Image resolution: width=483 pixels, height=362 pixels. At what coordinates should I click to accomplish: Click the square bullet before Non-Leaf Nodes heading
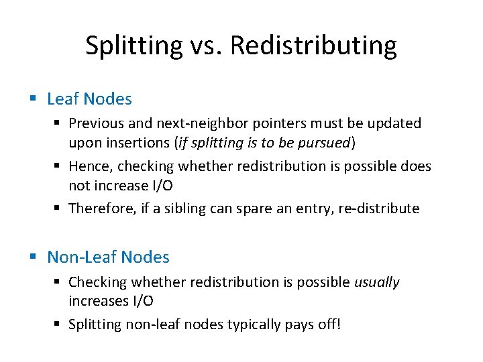coord(34,257)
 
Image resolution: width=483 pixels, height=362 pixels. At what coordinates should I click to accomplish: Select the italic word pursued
coord(327,142)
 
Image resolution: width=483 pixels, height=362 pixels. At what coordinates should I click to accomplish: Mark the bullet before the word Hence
coord(60,166)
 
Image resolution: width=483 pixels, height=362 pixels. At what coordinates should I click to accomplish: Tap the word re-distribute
coord(380,208)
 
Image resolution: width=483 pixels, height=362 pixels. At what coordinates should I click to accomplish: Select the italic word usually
coord(376,282)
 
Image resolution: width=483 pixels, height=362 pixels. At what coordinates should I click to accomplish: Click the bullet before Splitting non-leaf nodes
coord(60,325)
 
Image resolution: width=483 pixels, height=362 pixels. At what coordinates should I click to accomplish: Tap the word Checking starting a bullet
coord(96,282)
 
